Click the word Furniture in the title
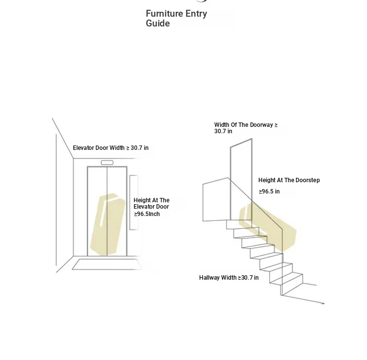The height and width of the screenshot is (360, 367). click(164, 14)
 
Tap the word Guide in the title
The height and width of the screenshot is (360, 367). click(158, 23)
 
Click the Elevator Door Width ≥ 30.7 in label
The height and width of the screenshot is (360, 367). click(111, 148)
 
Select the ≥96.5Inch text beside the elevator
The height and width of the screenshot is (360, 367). click(147, 214)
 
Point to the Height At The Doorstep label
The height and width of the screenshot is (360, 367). click(289, 180)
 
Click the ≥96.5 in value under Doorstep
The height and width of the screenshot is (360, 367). click(269, 192)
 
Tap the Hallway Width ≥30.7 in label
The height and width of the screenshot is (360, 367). click(229, 278)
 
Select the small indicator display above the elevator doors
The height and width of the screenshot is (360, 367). click(107, 163)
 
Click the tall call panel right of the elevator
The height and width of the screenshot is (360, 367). click(134, 202)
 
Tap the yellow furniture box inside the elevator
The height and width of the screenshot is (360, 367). click(108, 224)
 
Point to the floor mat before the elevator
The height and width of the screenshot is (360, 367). click(107, 264)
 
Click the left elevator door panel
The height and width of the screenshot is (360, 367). click(97, 211)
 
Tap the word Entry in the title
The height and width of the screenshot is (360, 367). click(196, 14)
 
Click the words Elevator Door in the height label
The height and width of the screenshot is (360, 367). click(151, 207)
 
